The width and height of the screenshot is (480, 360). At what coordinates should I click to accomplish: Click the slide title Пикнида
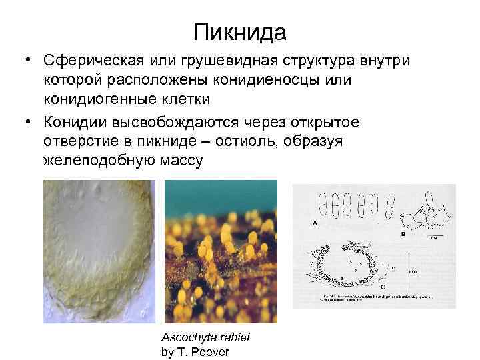pyautogui.click(x=240, y=31)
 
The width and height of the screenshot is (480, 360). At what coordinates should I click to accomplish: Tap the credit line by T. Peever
pyautogui.click(x=195, y=351)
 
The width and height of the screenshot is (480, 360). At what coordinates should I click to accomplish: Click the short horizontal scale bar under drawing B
pyautogui.click(x=434, y=235)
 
